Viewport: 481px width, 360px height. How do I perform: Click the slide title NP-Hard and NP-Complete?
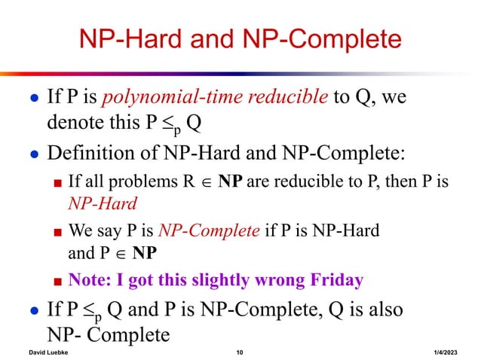240,39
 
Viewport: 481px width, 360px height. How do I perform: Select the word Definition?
91,154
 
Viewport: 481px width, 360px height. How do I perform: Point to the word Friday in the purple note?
332,280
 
